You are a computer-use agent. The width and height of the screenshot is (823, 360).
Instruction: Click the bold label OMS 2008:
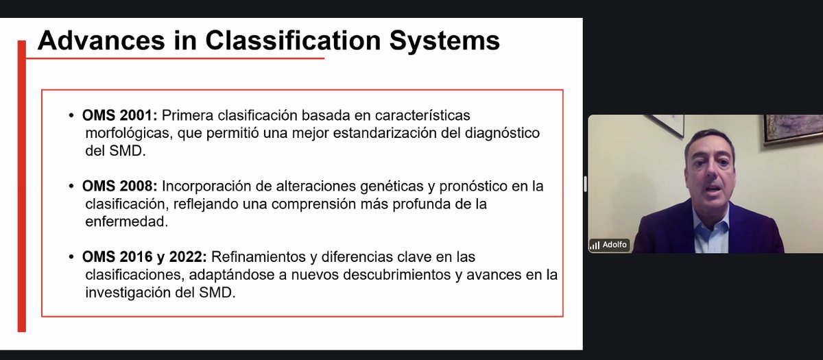coord(120,187)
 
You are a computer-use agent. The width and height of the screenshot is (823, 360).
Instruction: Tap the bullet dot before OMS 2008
coord(72,187)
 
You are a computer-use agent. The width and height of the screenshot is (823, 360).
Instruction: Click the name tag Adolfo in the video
coord(615,245)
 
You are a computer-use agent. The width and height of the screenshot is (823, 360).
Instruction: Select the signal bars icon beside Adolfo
coord(595,245)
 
